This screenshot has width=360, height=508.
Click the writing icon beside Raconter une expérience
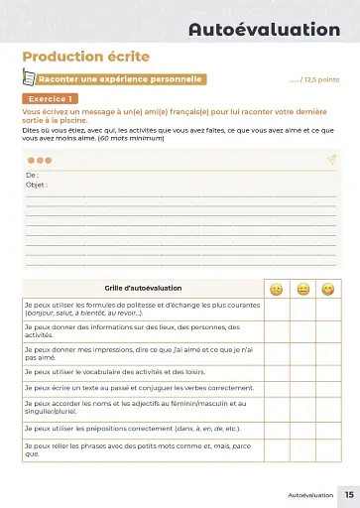coord(30,79)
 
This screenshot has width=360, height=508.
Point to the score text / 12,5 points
coord(313,80)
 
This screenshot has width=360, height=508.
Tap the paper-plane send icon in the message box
coord(330,159)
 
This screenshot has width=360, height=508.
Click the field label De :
coord(32,176)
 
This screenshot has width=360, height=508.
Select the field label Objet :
coord(37,185)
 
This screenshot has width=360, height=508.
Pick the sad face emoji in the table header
coord(276,289)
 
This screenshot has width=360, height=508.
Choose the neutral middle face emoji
coord(302,289)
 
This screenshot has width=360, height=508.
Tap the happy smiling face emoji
coord(328,289)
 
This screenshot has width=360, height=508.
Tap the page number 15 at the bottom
coord(348,493)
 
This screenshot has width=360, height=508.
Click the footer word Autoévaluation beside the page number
coord(310,493)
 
